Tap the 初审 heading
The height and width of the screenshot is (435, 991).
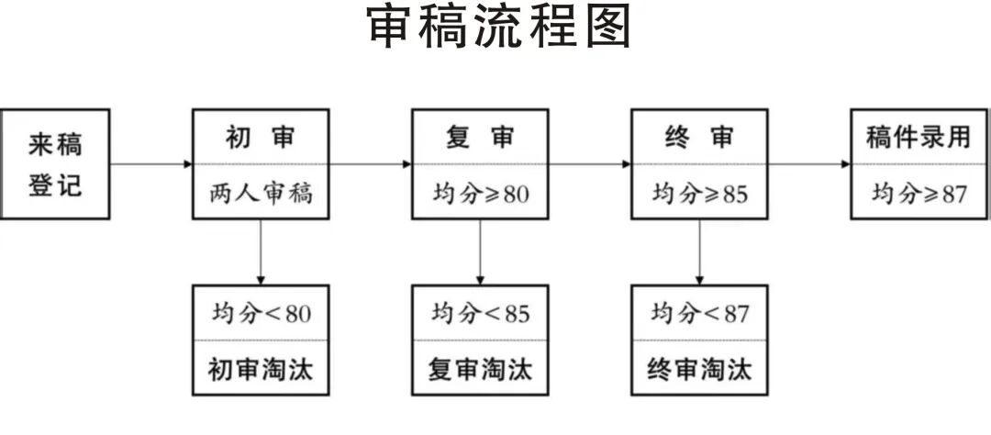(x=261, y=138)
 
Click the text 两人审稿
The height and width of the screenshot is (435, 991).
(x=261, y=194)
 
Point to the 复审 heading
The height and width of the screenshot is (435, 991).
(x=480, y=138)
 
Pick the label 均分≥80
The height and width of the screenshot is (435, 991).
(x=480, y=194)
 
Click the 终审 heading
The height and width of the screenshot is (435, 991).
(x=699, y=138)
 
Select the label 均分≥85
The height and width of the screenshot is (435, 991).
(x=699, y=194)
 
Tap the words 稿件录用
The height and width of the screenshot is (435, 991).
(x=919, y=138)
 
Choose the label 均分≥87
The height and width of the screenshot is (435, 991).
(x=919, y=194)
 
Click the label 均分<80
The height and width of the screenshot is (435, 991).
(x=261, y=313)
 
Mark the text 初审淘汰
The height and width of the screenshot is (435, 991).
(x=261, y=369)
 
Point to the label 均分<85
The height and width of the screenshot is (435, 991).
(x=480, y=313)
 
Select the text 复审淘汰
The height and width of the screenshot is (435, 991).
(x=480, y=369)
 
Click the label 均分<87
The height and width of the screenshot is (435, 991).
(x=699, y=313)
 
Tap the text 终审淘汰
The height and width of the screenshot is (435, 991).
(x=699, y=369)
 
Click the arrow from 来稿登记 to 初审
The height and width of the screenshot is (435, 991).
(x=151, y=165)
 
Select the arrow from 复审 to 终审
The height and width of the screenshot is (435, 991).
(x=590, y=165)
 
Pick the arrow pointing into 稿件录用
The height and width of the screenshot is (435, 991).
(x=809, y=165)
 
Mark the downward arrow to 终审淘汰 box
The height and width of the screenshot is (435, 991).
(x=699, y=252)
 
